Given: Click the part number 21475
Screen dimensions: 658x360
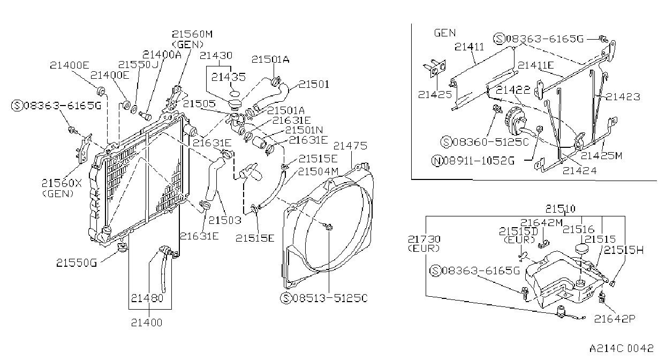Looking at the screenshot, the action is [x=350, y=146].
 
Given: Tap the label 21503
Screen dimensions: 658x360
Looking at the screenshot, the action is [x=225, y=220].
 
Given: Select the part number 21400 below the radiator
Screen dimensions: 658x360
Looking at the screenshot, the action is [x=147, y=322].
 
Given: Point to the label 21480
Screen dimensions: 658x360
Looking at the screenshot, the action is [x=147, y=298].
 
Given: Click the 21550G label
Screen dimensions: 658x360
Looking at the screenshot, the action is [x=77, y=262].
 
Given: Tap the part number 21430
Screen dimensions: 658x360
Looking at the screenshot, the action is [x=216, y=55].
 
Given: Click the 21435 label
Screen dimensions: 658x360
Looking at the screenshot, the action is [x=228, y=77].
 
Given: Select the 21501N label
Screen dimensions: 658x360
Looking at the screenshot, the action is [x=304, y=130].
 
